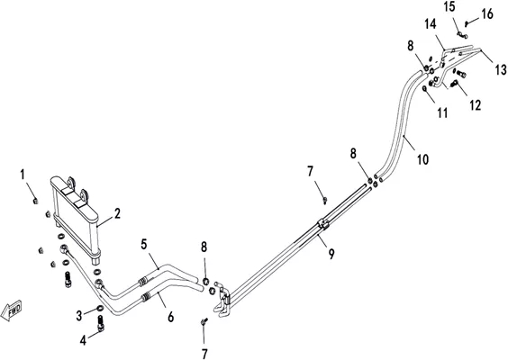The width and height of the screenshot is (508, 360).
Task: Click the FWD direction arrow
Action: tap(12, 310)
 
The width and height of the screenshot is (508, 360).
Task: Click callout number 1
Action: tap(23, 175)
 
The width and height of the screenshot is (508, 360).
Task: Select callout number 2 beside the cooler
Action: tap(117, 213)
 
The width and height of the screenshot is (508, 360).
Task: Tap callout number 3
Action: tap(79, 316)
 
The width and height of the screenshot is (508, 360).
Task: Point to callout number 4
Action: tap(83, 340)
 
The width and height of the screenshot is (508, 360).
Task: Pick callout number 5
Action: tap(144, 244)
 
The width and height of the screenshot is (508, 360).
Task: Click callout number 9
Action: tap(331, 254)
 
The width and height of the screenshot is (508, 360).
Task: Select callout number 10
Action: tap(422, 159)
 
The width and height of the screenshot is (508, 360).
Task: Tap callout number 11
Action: tap(442, 113)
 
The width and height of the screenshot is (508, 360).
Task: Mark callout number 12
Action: tap(476, 105)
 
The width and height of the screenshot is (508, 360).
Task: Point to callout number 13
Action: tap(501, 69)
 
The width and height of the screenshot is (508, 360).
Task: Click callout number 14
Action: tap(431, 24)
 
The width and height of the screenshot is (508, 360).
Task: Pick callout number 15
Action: tap(449, 7)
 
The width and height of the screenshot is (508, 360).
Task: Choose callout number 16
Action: tap(487, 13)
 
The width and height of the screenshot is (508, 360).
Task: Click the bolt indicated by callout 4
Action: tap(102, 323)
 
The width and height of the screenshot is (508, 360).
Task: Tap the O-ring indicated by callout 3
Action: tap(101, 307)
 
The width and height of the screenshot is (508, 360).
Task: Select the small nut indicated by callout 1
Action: tap(36, 201)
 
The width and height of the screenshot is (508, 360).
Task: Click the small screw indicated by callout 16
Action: tap(467, 23)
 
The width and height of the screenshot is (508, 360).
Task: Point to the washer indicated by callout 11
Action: tap(425, 87)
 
